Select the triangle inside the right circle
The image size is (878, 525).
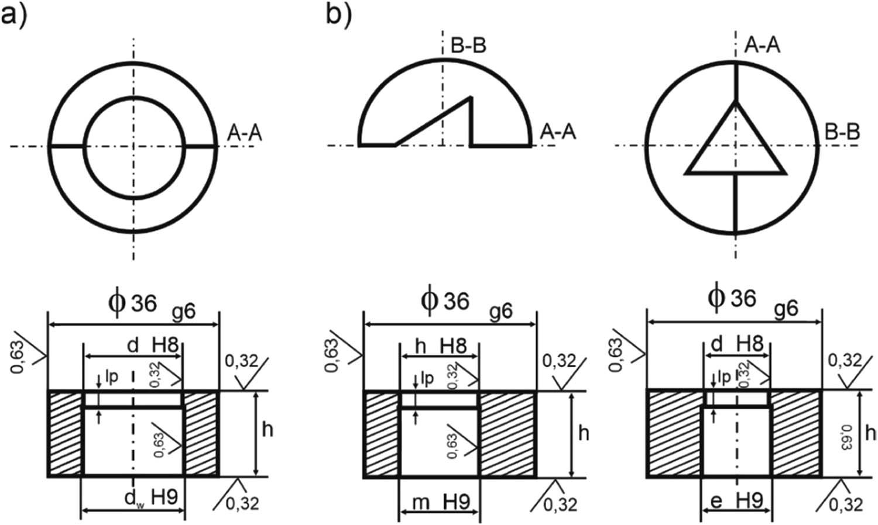735,146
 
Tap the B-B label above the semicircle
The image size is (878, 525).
468,46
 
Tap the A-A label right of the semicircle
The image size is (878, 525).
558,132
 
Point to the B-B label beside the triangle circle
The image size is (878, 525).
842,132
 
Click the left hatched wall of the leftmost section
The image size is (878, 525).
65,433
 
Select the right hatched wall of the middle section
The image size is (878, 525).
507,433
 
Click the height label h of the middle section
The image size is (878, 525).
583,433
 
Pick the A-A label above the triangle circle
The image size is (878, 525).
762,45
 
